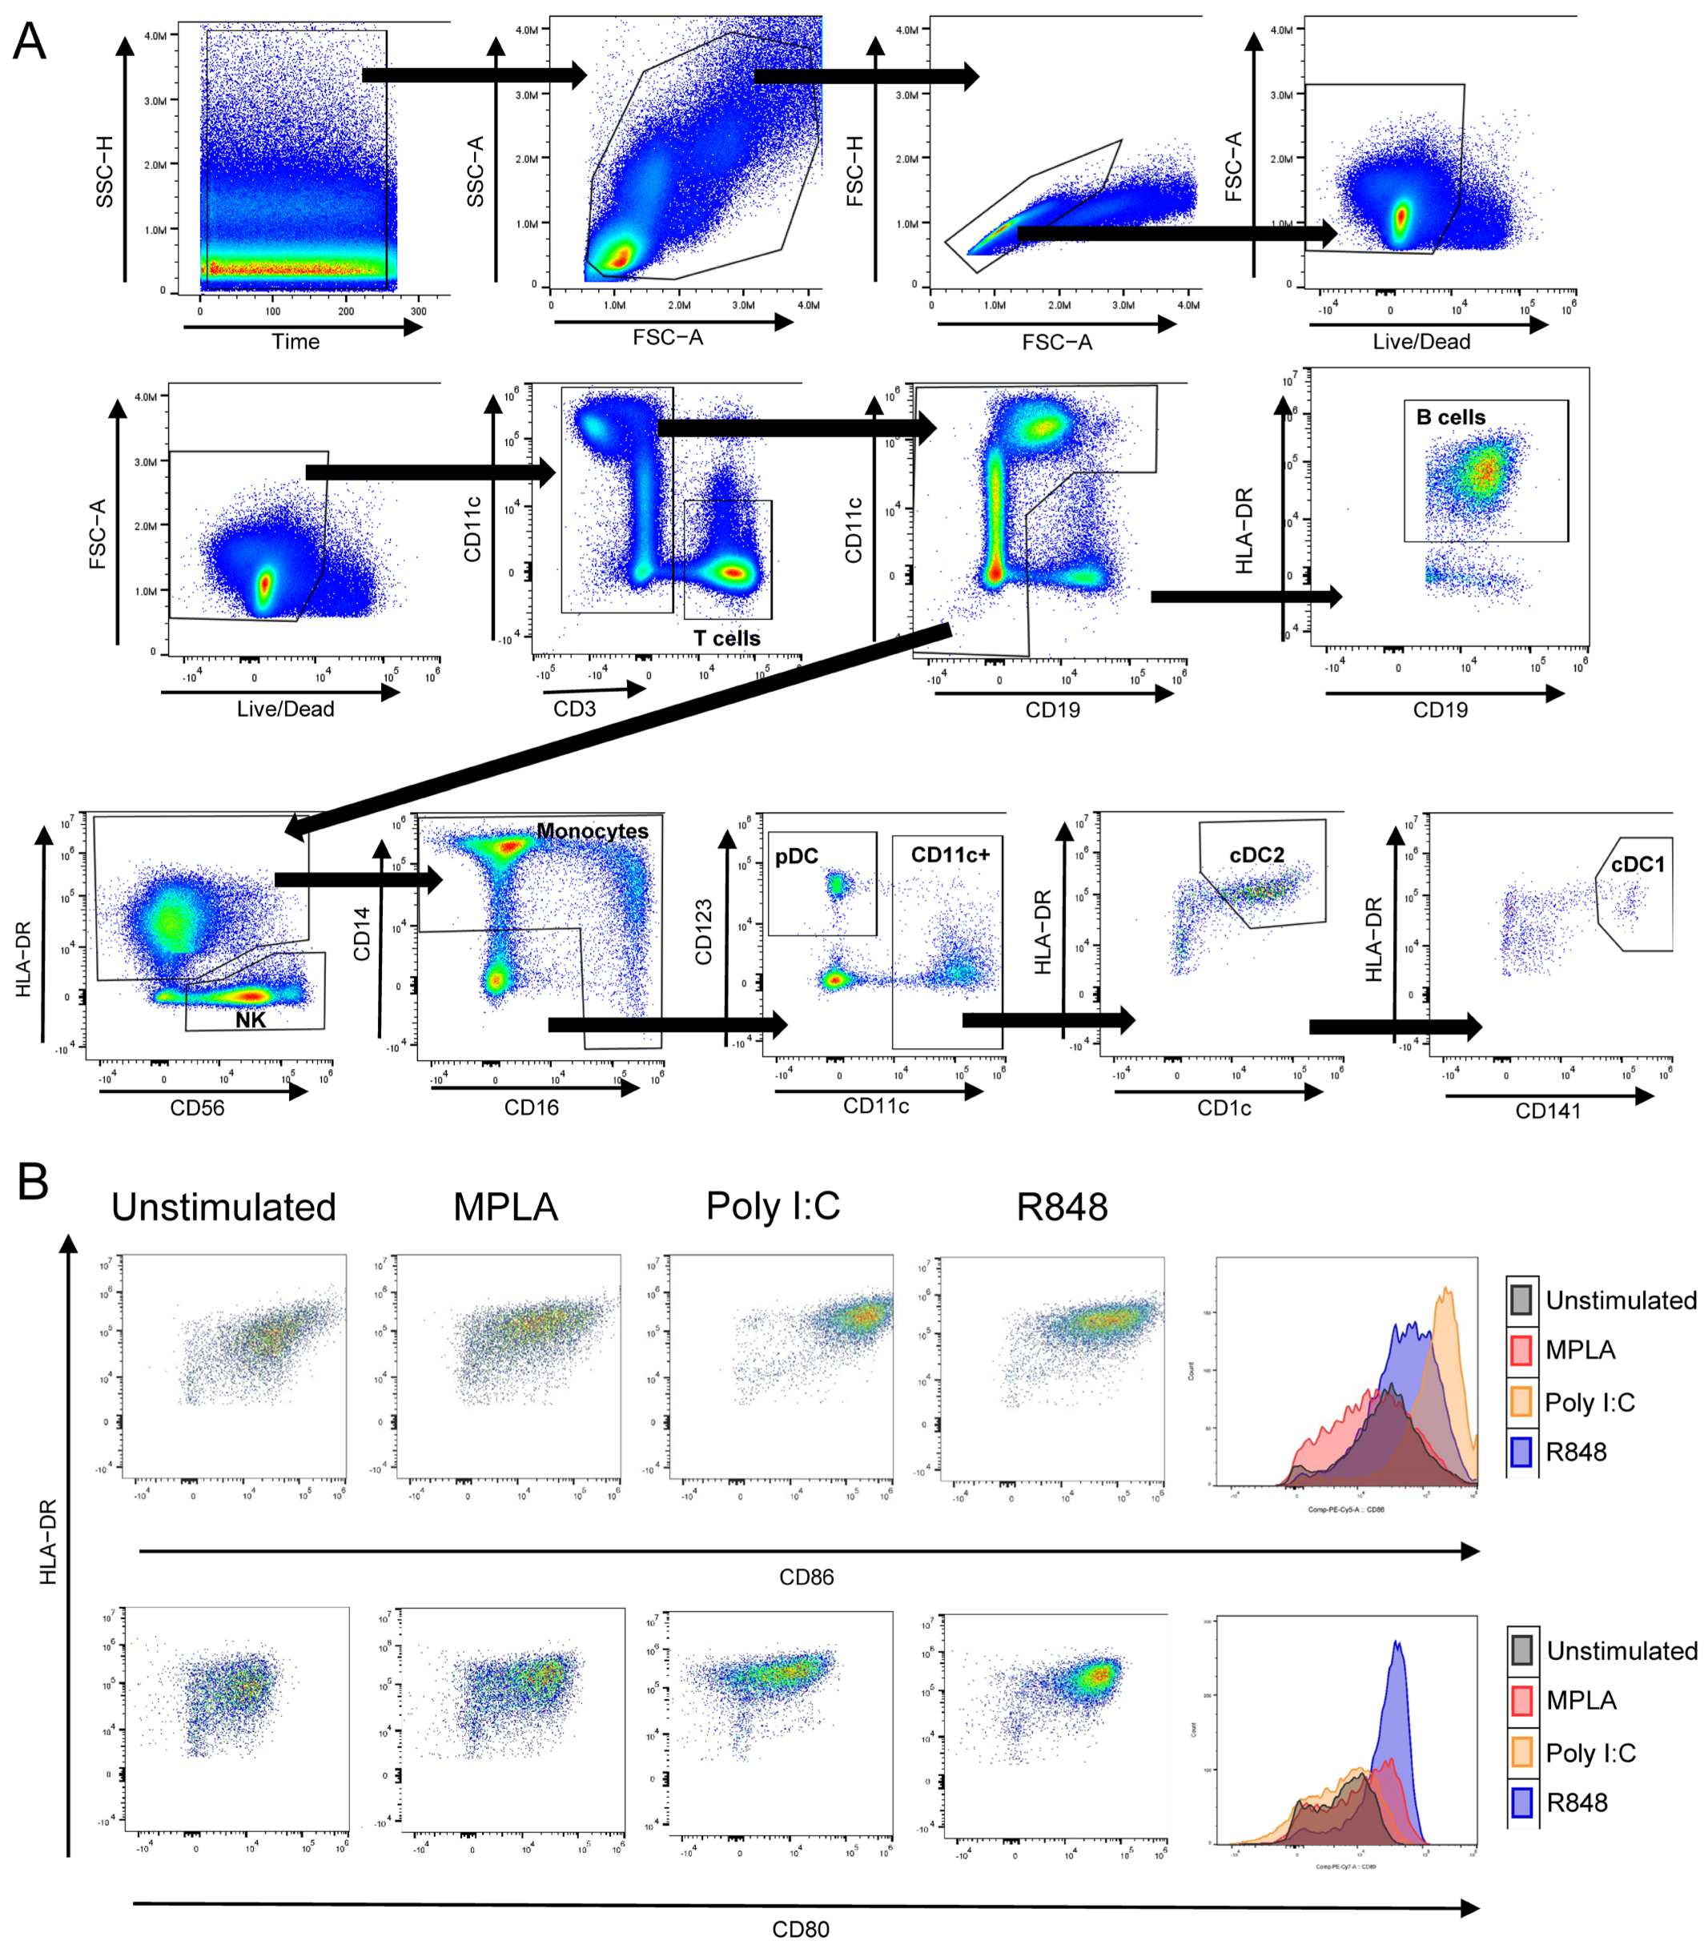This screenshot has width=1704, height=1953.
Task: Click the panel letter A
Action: (29, 42)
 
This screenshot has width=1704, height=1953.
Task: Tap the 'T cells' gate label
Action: (726, 638)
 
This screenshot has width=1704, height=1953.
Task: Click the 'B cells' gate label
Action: (1450, 417)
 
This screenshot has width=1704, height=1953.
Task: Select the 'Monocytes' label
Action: (593, 831)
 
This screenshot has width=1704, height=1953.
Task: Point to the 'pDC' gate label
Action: (796, 857)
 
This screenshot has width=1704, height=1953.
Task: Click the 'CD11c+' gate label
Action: (950, 855)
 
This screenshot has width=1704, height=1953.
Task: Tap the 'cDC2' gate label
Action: (1256, 855)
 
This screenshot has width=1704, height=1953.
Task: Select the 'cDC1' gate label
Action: (1638, 864)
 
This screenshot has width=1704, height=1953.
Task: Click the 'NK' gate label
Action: (251, 1020)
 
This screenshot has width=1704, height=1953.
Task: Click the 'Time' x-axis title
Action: (295, 342)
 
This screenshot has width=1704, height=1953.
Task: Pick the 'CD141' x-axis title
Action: (1547, 1111)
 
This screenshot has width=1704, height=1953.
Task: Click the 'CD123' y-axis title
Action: (704, 933)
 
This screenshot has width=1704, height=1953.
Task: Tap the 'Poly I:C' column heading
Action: (773, 1207)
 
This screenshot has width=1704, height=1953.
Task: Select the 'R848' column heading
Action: (1061, 1208)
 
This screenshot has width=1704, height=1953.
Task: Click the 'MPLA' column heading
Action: (505, 1208)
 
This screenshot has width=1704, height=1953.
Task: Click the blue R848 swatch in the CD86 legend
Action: (1521, 1452)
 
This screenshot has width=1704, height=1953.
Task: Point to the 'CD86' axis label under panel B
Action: (806, 1577)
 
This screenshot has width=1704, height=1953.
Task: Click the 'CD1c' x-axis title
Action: (1224, 1109)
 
